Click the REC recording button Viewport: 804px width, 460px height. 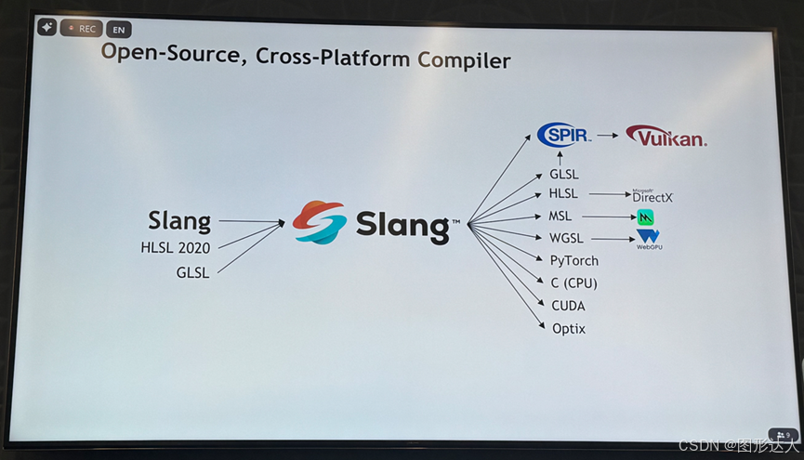point(81,29)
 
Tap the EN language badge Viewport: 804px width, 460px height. point(119,30)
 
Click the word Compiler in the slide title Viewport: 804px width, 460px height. point(464,60)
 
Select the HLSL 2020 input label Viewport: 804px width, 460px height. point(175,247)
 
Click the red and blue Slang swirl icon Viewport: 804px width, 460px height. point(319,222)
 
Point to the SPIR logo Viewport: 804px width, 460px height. point(564,136)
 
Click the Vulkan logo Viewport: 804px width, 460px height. point(666,137)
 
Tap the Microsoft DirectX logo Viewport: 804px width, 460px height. point(652,195)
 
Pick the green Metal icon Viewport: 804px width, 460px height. point(646,217)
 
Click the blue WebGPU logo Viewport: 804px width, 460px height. point(648,239)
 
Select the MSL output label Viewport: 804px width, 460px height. point(560,217)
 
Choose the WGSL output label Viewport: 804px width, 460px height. point(565,239)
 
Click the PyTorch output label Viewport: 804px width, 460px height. point(573,261)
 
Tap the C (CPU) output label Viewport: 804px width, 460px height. point(573,283)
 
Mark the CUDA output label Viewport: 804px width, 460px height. point(568,306)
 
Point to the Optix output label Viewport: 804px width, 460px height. point(569,328)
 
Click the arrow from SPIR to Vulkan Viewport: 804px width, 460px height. point(607,136)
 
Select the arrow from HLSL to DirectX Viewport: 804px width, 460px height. point(608,194)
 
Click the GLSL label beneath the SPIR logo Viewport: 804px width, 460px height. point(564,174)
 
